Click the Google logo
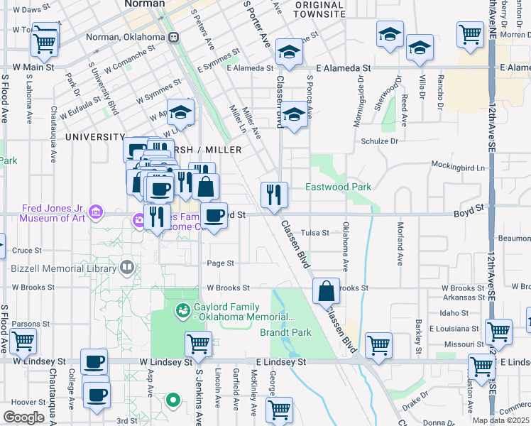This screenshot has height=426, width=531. click(x=24, y=417)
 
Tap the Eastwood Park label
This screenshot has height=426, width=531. click(x=338, y=187)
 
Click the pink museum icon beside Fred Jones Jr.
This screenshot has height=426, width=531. click(x=95, y=212)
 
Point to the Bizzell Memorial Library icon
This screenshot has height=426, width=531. click(x=127, y=268)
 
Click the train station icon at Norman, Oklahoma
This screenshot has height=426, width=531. click(x=172, y=37)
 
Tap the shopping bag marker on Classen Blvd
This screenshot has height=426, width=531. click(x=326, y=291)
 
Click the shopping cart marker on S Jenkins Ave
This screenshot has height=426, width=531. click(x=198, y=344)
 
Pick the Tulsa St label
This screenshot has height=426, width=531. click(x=315, y=233)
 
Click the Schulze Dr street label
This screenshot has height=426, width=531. click(x=380, y=141)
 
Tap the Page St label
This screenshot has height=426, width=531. click(x=220, y=263)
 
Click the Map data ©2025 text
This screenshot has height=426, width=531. click(x=500, y=420)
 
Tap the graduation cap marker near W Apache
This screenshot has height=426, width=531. click(x=181, y=112)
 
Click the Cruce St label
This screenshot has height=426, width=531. click(x=27, y=251)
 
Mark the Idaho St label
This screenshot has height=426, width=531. click(x=454, y=313)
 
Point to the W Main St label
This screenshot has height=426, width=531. click(x=28, y=67)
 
